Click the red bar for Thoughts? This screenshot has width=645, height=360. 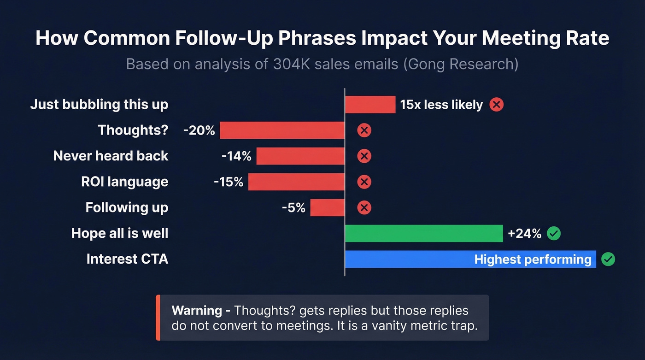coord(282,130)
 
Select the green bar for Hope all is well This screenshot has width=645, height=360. coord(423,234)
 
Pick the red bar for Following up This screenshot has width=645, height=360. coord(327,208)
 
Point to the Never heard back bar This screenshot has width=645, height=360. coord(300,156)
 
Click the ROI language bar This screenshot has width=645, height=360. coord(296,182)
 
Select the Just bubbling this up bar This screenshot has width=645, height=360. coord(370,105)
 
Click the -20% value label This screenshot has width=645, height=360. coord(199,130)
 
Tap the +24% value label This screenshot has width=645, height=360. coord(524,234)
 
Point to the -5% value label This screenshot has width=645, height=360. coord(293,208)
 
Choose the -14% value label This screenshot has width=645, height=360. coord(236,156)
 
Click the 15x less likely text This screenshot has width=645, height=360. coord(441,105)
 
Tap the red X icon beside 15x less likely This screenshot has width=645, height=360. coord(496,105)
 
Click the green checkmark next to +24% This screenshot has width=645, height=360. coord(553,234)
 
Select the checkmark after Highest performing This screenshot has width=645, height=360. coord(608,260)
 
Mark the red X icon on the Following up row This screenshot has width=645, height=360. coord(364,208)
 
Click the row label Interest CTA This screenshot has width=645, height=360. coord(127,259)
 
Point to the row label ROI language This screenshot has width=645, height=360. coord(124,182)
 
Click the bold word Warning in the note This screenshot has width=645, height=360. coord(197,310)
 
